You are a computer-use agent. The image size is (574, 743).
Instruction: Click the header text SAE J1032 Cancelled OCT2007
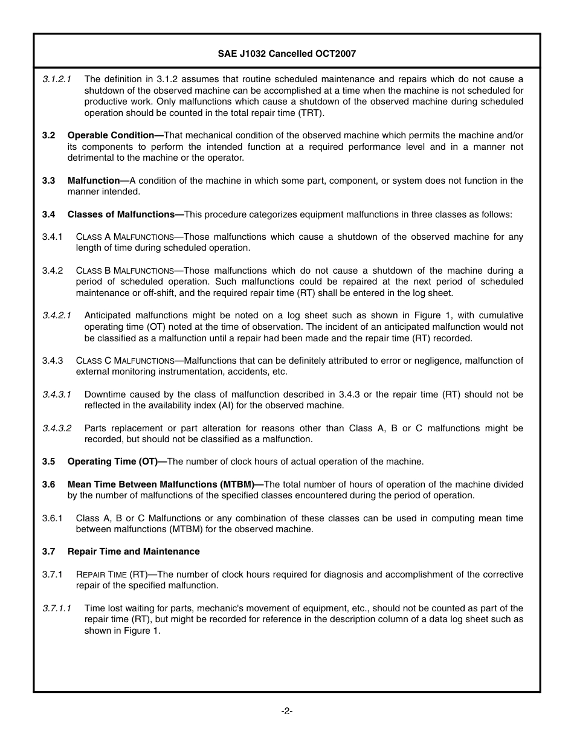[x=287, y=54]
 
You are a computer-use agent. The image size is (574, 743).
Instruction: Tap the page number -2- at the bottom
[x=287, y=711]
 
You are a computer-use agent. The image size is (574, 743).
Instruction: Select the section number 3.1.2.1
[x=57, y=79]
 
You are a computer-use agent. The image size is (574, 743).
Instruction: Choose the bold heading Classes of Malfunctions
[x=123, y=214]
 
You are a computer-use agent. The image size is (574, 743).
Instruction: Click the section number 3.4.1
[x=53, y=237]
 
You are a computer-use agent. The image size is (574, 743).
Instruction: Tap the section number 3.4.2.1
[x=57, y=315]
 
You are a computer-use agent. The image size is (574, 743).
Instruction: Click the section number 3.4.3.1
[x=57, y=394]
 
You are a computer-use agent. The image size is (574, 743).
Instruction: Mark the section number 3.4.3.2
[x=57, y=428]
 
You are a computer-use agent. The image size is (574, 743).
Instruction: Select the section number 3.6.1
[x=53, y=518]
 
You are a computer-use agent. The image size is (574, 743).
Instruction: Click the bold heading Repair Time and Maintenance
[x=134, y=552]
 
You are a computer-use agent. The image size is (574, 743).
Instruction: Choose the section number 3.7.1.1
[x=57, y=608]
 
